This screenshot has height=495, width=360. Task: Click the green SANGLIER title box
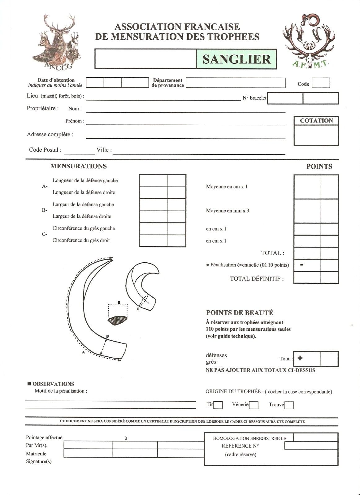coord(236,59)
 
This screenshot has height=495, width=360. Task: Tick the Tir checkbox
coord(218,405)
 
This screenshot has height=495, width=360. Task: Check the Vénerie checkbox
coord(254,405)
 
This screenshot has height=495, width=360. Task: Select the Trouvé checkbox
coord(289,405)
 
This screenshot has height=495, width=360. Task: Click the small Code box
coord(321,83)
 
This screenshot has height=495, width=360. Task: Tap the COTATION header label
coord(316,121)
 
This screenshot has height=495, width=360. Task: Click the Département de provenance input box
coord(235,83)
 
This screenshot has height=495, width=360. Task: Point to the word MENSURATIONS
coord(78,166)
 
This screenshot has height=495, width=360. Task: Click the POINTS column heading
coord(319,166)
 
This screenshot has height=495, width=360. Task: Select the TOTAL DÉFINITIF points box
coord(316,278)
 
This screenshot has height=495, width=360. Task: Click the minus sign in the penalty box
coord(301,265)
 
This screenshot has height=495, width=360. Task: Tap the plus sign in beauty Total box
coord(300,358)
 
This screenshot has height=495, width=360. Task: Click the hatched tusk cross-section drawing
coord(118,320)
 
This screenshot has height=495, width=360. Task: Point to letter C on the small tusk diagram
coord(138,309)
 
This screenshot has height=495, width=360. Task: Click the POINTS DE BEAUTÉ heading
coord(240,313)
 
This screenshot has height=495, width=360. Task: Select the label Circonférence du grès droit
coord(81,240)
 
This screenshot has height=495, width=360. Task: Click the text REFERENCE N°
coord(240,446)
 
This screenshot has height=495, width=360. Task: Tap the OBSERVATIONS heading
coord(53,384)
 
